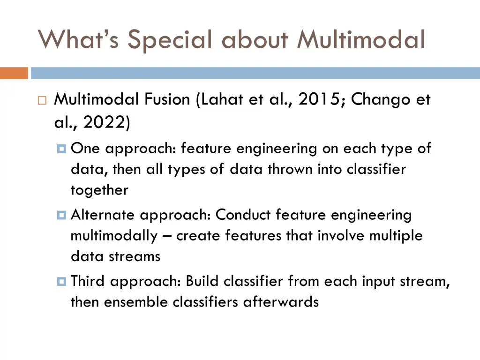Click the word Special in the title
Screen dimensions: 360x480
pyautogui.click(x=172, y=39)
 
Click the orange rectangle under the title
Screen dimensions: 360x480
pyautogui.click(x=14, y=74)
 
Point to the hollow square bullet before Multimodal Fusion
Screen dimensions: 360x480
pyautogui.click(x=41, y=100)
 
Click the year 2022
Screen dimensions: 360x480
pyautogui.click(x=104, y=123)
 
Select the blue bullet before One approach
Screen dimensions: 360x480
pyautogui.click(x=62, y=149)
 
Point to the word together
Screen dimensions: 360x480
pyautogui.click(x=99, y=190)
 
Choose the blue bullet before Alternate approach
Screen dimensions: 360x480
pyautogui.click(x=62, y=215)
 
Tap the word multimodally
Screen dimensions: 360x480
pyautogui.click(x=114, y=236)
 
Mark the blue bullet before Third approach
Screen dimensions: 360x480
pyautogui.click(x=62, y=281)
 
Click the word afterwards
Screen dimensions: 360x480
pyautogui.click(x=281, y=302)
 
